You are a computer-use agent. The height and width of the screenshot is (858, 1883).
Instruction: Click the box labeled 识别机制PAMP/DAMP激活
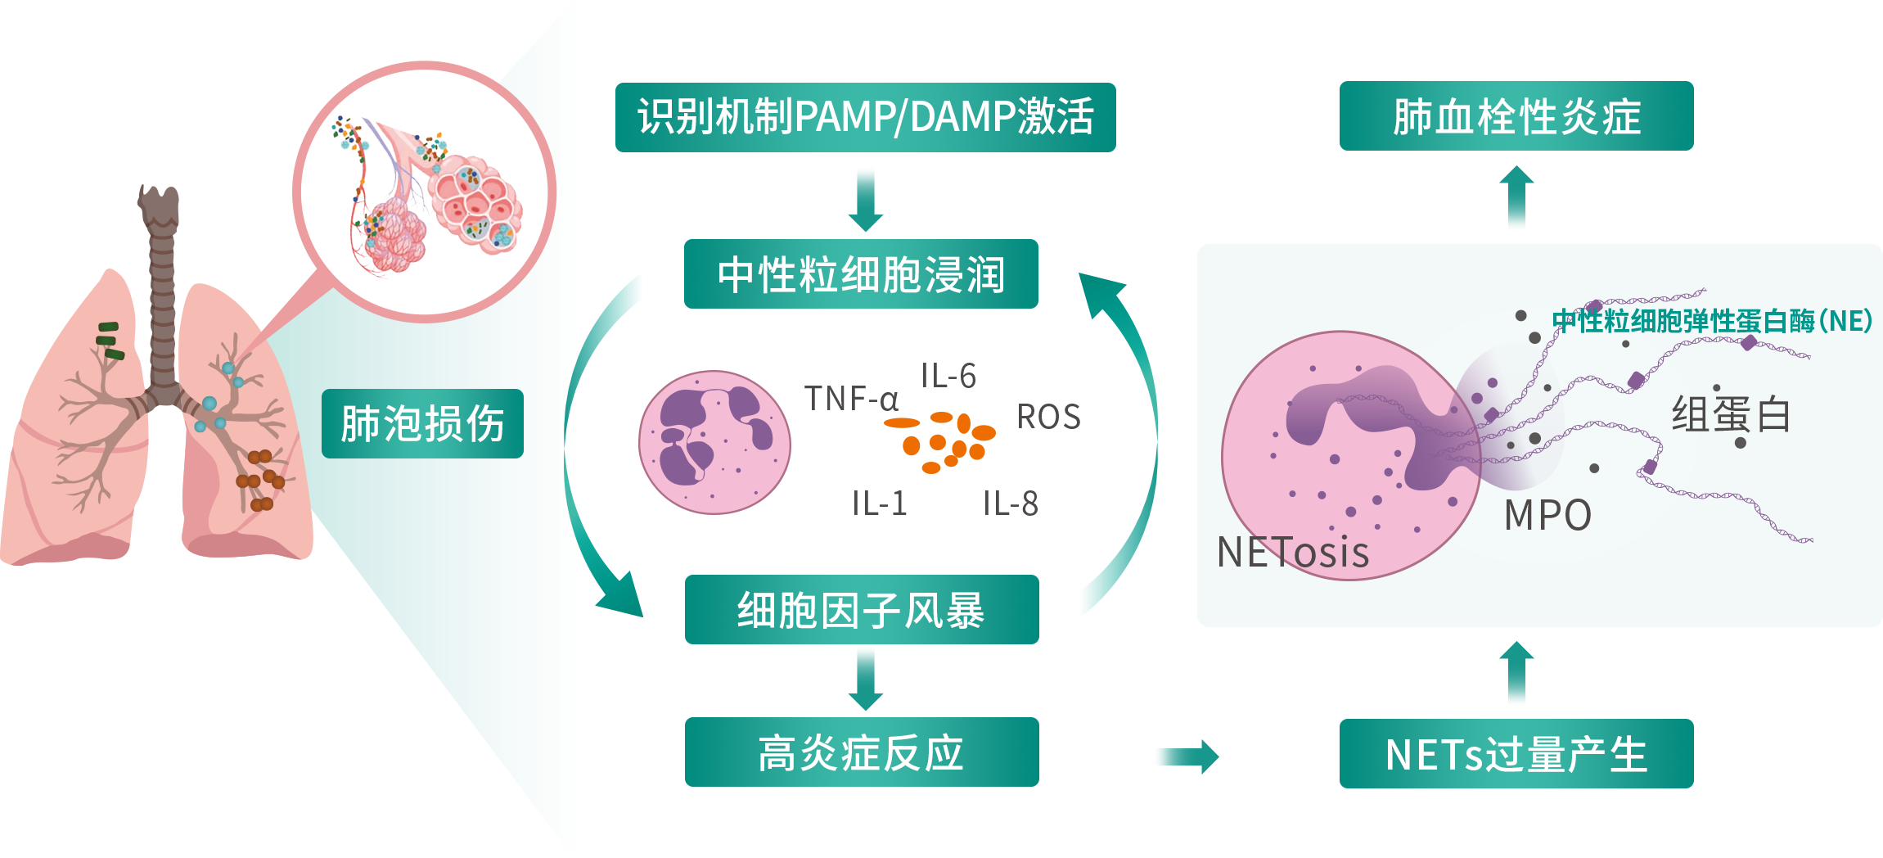[x=865, y=117]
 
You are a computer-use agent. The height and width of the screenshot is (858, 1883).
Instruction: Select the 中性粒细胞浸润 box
[x=861, y=274]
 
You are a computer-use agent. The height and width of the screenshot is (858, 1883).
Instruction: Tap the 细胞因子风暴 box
[x=861, y=610]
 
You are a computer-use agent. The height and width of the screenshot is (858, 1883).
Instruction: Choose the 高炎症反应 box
[x=861, y=752]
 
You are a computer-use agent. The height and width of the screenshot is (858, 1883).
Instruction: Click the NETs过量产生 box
[x=1516, y=754]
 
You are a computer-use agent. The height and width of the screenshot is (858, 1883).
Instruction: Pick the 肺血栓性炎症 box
[x=1516, y=116]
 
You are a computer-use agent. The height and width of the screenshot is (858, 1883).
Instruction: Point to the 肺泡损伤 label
[x=422, y=423]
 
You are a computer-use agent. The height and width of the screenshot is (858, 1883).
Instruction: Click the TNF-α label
[x=851, y=400]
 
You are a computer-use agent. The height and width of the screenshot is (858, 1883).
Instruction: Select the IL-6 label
[x=948, y=377]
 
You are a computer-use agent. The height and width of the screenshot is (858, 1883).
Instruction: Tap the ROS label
[x=1048, y=418]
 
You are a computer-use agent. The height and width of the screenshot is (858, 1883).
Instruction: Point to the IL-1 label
[x=880, y=504]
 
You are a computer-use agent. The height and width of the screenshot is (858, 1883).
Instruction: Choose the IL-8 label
[x=1011, y=504]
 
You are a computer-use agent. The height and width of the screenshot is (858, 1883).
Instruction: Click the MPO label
[x=1547, y=516]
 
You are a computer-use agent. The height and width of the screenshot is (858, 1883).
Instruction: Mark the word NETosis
[x=1293, y=553]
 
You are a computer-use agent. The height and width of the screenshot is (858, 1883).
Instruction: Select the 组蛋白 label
[x=1731, y=414]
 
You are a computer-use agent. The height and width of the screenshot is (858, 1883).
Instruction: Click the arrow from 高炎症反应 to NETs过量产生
[x=1186, y=756]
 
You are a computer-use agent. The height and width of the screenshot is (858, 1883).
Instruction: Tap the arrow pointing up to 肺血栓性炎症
[x=1516, y=198]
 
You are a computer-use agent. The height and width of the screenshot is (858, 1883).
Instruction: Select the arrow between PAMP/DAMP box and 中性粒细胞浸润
[x=865, y=198]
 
